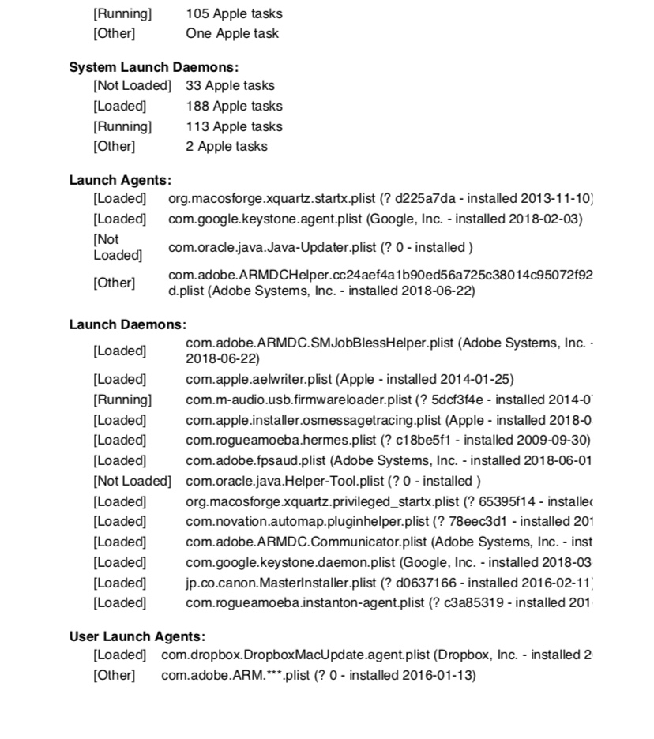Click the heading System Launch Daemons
pos(154,68)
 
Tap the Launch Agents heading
pos(120,181)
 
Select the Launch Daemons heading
pos(128,324)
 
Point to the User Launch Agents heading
pos(137,636)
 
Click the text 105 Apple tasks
pos(234,13)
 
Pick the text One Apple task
pos(232,34)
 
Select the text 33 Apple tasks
pos(230,85)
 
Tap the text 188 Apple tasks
pos(234,106)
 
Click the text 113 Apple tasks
pos(234,126)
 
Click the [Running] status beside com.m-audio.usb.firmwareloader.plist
pos(122,400)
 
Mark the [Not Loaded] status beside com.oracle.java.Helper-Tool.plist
pos(132,481)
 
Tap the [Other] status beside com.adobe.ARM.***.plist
pos(115,675)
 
